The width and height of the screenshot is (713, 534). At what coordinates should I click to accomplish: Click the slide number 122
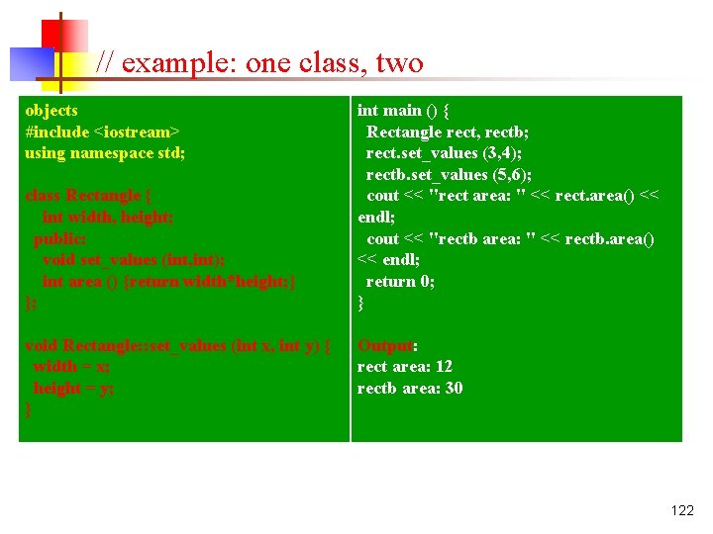[682, 511]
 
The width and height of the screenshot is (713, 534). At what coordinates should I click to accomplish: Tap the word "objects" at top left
[51, 110]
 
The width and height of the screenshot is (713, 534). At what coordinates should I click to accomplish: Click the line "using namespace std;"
[105, 152]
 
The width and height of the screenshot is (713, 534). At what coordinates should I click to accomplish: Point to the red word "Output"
[384, 345]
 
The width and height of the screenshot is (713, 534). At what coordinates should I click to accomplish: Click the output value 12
[444, 367]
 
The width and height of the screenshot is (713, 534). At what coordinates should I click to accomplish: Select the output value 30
[454, 388]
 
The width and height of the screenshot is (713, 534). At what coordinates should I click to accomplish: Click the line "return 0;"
[400, 281]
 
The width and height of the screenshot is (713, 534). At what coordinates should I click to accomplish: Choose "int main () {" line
[403, 110]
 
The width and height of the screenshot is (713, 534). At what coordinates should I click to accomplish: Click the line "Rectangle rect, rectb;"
[448, 132]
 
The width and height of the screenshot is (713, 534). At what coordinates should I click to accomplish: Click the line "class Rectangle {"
[88, 196]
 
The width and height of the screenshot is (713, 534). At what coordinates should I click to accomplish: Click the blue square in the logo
[30, 63]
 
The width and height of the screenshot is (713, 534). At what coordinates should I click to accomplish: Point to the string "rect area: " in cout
[475, 196]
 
